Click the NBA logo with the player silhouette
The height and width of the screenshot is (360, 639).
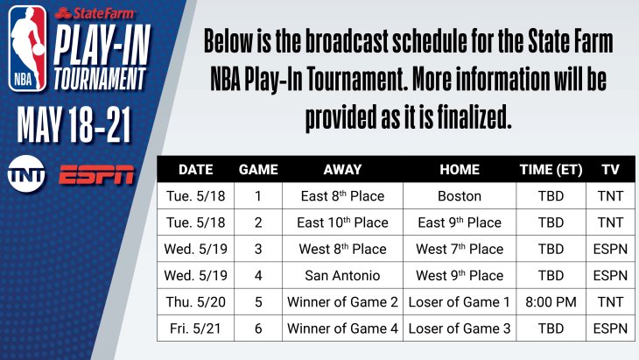tap(27, 48)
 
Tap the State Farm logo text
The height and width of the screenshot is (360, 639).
tap(95, 14)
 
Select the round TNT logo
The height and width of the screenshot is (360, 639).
tap(26, 173)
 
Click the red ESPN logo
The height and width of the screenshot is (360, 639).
tap(96, 175)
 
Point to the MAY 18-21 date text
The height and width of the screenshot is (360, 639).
tap(74, 124)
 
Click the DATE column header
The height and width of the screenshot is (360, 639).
tap(195, 170)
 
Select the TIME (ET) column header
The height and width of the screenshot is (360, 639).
tap(551, 170)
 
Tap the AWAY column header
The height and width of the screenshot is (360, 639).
tap(342, 170)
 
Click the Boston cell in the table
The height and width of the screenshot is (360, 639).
tap(460, 196)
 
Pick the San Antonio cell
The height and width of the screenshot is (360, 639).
tap(342, 276)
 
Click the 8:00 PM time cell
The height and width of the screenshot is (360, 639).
tap(551, 302)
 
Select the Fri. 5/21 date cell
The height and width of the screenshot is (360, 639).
tap(195, 328)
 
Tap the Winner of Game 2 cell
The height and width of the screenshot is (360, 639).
tap(342, 302)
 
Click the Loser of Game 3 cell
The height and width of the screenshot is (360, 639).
tap(460, 328)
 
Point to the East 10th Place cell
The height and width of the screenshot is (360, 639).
tap(342, 222)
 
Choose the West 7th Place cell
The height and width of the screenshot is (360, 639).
tap(460, 249)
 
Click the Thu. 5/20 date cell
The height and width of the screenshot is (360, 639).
tap(195, 302)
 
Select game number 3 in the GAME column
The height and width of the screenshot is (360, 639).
tap(258, 249)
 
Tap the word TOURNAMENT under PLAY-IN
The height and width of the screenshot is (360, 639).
tap(100, 79)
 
